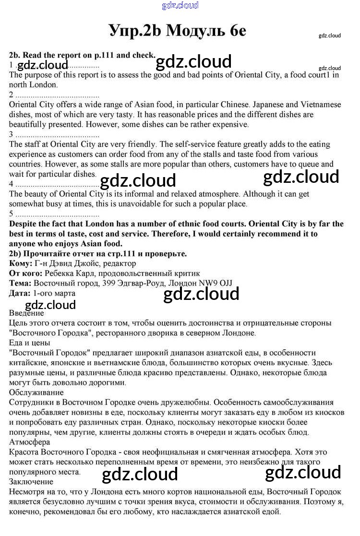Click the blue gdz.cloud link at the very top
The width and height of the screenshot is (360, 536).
180,5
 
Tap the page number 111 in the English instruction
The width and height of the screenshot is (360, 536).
107,55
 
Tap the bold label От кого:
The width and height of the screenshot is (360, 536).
25,274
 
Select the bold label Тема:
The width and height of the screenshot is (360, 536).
20,283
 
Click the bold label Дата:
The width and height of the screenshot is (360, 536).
21,293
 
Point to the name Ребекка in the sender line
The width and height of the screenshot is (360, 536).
60,274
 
